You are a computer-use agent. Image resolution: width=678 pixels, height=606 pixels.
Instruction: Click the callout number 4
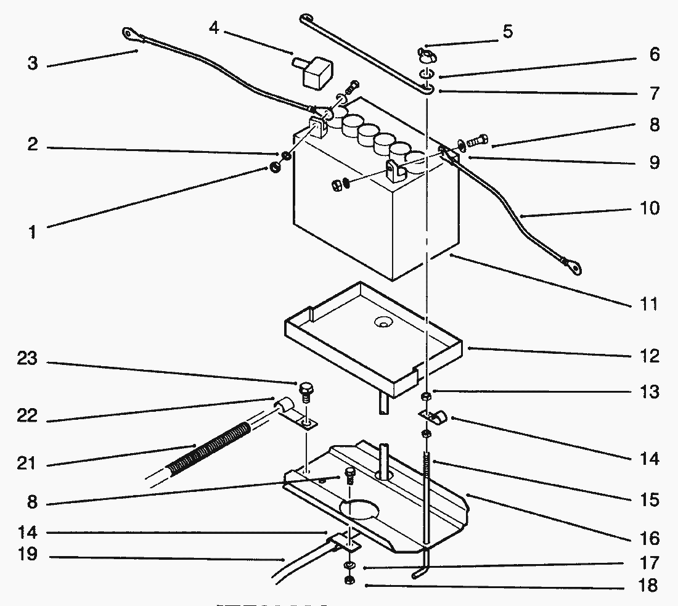(x=214, y=29)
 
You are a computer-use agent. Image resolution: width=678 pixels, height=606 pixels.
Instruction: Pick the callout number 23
(x=27, y=358)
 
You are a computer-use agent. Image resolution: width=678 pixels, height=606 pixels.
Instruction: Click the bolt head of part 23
(x=306, y=388)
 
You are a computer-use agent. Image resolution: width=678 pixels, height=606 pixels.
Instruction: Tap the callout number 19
(x=27, y=554)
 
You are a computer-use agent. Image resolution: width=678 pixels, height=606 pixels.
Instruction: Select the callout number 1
(x=32, y=232)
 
